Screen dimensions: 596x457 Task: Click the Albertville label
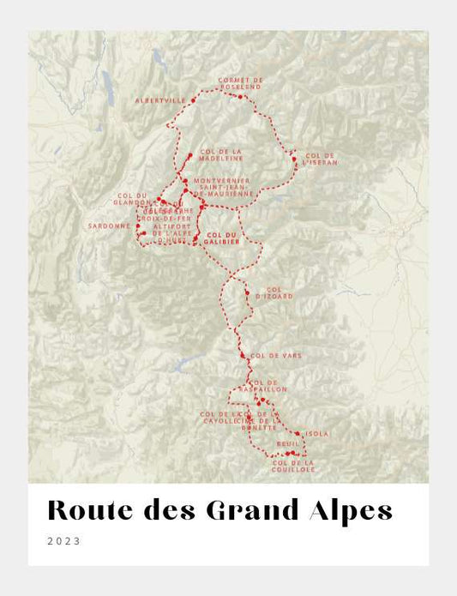159,100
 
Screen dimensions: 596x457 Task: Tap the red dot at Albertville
193,100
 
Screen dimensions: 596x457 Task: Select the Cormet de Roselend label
241,83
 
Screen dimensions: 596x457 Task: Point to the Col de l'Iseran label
320,159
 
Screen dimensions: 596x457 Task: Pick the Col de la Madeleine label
222,155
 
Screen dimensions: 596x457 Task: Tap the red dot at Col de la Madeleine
189,155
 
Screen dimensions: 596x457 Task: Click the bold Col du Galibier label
220,238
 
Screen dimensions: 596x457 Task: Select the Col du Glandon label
132,199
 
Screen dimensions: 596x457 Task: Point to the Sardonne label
109,226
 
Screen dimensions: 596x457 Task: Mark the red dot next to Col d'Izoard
247,293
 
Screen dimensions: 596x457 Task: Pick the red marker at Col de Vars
243,355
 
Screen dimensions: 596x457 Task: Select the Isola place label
316,434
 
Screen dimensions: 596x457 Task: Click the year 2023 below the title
64,541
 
